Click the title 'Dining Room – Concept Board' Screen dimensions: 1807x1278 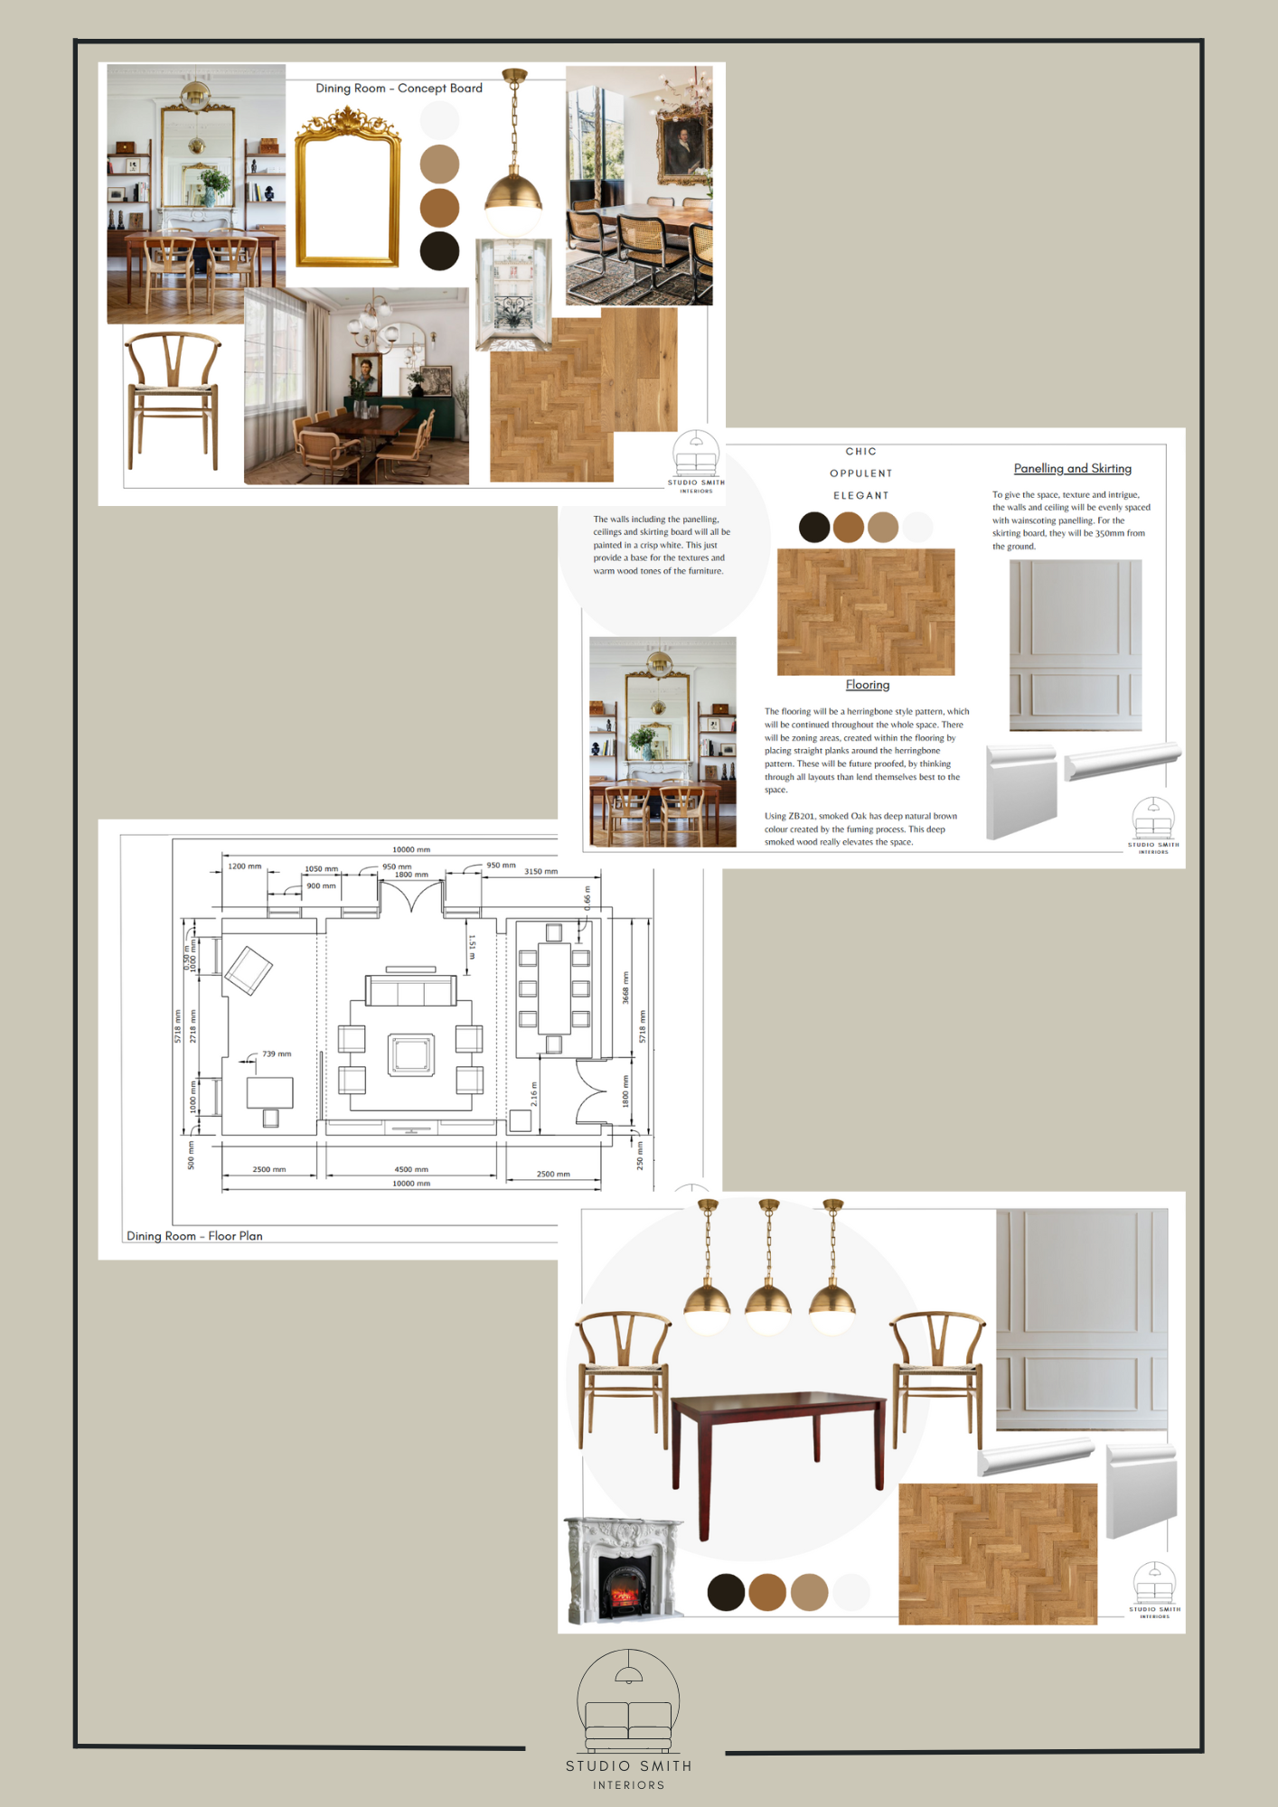point(399,89)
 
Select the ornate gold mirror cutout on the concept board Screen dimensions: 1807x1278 point(348,190)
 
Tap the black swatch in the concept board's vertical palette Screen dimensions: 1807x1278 point(439,251)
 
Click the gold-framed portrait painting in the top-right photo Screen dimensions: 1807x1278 point(684,144)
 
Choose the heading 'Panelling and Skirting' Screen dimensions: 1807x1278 point(1072,469)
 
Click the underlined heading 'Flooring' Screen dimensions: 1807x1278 point(868,685)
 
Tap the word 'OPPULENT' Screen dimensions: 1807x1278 point(860,473)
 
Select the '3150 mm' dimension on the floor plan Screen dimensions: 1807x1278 point(540,872)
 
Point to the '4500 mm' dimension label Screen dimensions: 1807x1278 point(411,1169)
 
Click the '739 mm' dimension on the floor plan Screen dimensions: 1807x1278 point(277,1054)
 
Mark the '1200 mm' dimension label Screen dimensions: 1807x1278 point(244,866)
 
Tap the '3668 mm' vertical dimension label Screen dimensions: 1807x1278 point(625,988)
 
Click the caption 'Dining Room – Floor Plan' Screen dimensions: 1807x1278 point(194,1236)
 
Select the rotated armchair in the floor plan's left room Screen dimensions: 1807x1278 point(249,970)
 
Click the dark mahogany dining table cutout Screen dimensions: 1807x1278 point(777,1437)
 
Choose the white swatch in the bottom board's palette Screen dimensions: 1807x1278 point(850,1592)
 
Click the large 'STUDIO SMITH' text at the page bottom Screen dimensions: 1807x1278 point(628,1765)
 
